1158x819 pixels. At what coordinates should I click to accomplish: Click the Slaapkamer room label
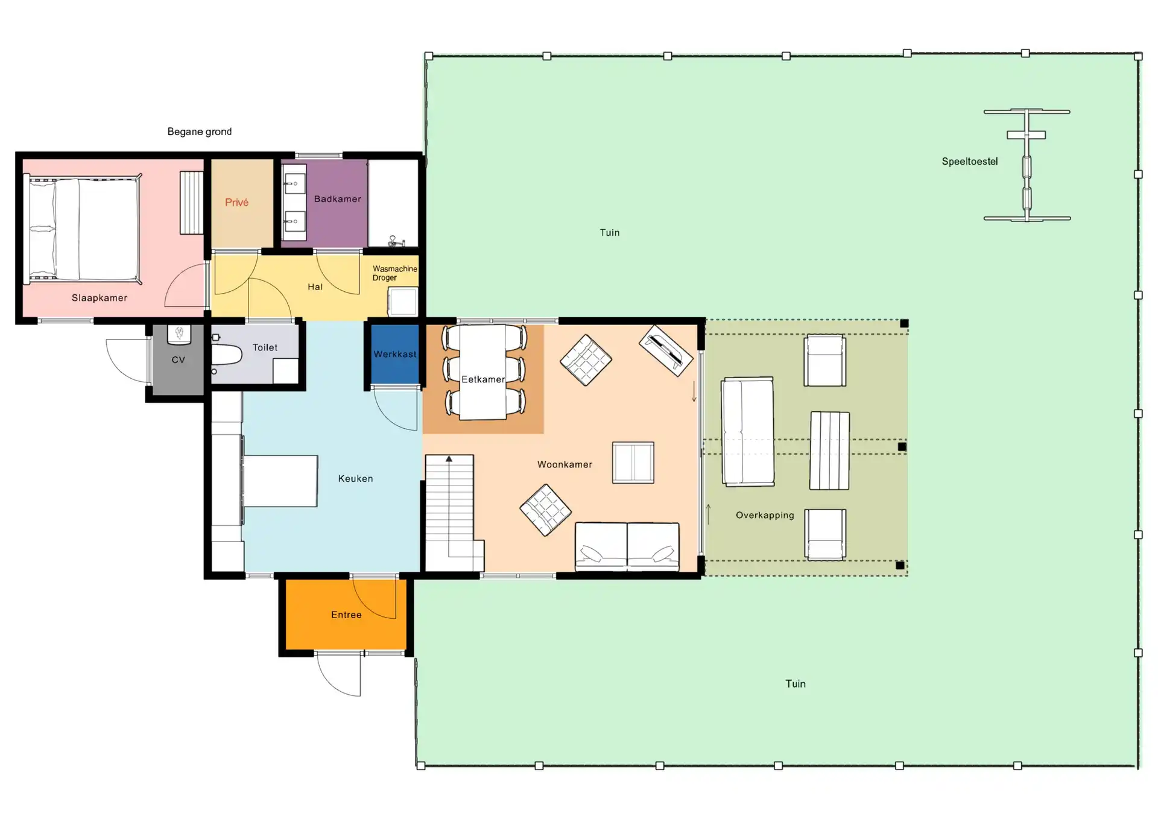coord(100,298)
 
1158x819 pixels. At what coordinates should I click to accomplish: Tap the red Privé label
coord(236,203)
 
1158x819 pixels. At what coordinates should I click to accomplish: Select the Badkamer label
coord(338,199)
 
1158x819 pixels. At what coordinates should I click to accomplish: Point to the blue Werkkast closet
coord(394,354)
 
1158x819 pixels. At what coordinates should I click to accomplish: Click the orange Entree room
coord(346,615)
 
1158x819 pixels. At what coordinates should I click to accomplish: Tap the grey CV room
coord(178,360)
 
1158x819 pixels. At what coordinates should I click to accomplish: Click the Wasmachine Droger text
coord(394,273)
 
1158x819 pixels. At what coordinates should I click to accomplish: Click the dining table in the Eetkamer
coord(483,372)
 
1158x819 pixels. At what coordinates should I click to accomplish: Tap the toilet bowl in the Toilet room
coord(227,355)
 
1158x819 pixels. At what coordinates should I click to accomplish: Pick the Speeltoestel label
coord(970,162)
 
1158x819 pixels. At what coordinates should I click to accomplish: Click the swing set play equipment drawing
coord(1027,165)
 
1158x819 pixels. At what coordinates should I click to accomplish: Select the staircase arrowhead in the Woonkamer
coord(449,459)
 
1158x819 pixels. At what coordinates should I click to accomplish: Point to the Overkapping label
coord(765,515)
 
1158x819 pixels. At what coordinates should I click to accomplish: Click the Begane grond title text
coord(200,131)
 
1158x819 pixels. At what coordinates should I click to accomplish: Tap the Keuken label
coord(355,479)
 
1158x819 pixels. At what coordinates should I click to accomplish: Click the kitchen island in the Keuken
coord(280,481)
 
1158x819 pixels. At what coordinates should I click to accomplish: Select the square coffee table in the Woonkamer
coord(633,463)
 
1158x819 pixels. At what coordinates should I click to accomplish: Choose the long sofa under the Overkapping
coord(748,432)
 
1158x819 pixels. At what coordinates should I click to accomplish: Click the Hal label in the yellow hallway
coord(315,287)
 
